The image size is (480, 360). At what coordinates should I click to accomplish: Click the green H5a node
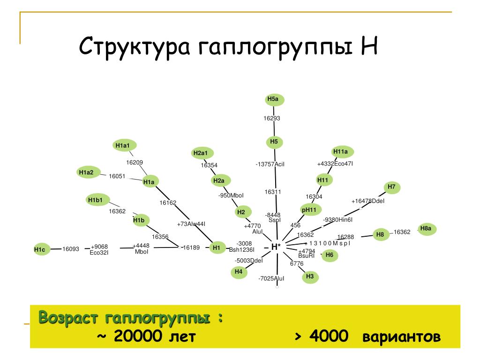[273, 99]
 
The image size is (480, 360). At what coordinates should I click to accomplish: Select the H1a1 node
[122, 146]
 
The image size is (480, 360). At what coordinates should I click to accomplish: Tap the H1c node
[39, 250]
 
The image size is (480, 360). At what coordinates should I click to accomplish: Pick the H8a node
[426, 229]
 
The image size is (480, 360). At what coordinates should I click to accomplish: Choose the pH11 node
[309, 210]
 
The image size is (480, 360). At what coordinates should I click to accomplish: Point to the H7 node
[392, 187]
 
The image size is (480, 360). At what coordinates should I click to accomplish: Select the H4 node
[239, 272]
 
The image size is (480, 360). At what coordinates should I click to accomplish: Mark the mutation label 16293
[271, 119]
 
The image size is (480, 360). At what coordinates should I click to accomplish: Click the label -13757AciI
[270, 165]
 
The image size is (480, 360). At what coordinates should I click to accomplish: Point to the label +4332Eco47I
[335, 164]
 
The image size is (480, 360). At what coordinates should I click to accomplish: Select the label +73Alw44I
[191, 224]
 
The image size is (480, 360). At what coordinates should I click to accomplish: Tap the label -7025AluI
[271, 279]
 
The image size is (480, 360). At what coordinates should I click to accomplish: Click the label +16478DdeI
[368, 201]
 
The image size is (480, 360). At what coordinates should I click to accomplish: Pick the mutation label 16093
[71, 249]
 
